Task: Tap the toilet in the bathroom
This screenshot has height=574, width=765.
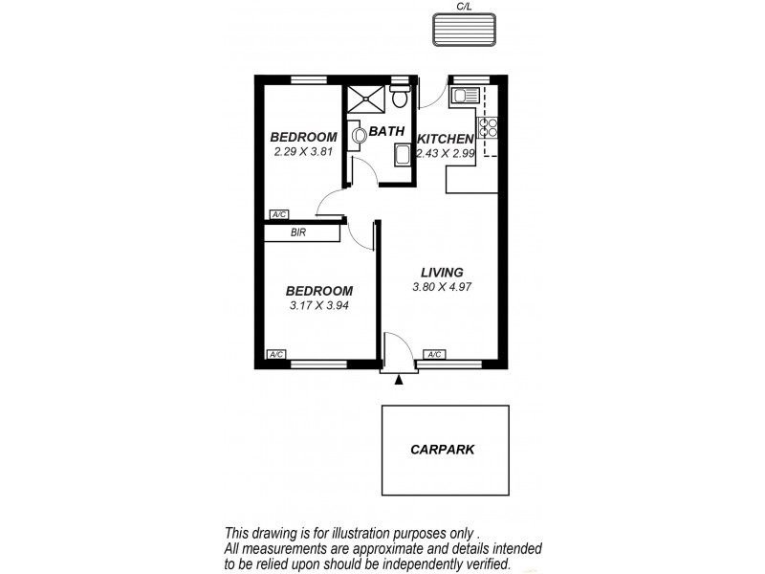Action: point(399,96)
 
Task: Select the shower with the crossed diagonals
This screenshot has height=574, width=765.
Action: point(364,98)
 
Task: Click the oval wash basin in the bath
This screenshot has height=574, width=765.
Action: point(360,136)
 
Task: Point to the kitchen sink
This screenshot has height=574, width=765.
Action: point(465,95)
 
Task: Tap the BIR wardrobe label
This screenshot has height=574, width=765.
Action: point(298,232)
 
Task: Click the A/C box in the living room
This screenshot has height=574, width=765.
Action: point(434,355)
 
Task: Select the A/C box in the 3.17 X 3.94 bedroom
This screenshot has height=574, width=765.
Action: point(277,355)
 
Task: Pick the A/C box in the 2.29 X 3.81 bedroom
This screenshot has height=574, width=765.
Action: point(279,214)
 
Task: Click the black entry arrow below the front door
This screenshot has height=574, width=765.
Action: point(400,380)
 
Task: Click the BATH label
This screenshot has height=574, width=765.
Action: point(387,132)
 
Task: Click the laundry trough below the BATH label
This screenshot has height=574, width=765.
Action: point(402,158)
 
